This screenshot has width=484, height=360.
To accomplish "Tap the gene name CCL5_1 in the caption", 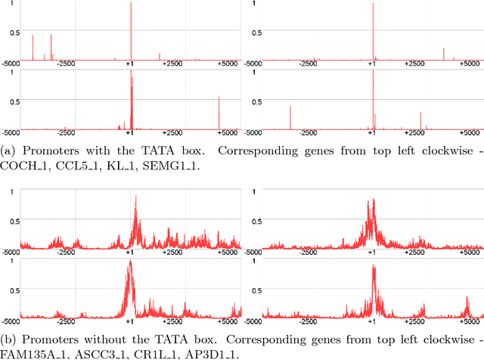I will click(76, 166).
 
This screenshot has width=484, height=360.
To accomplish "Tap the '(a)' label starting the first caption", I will click(8, 151).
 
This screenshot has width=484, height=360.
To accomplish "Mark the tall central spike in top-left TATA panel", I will click(131, 30).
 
